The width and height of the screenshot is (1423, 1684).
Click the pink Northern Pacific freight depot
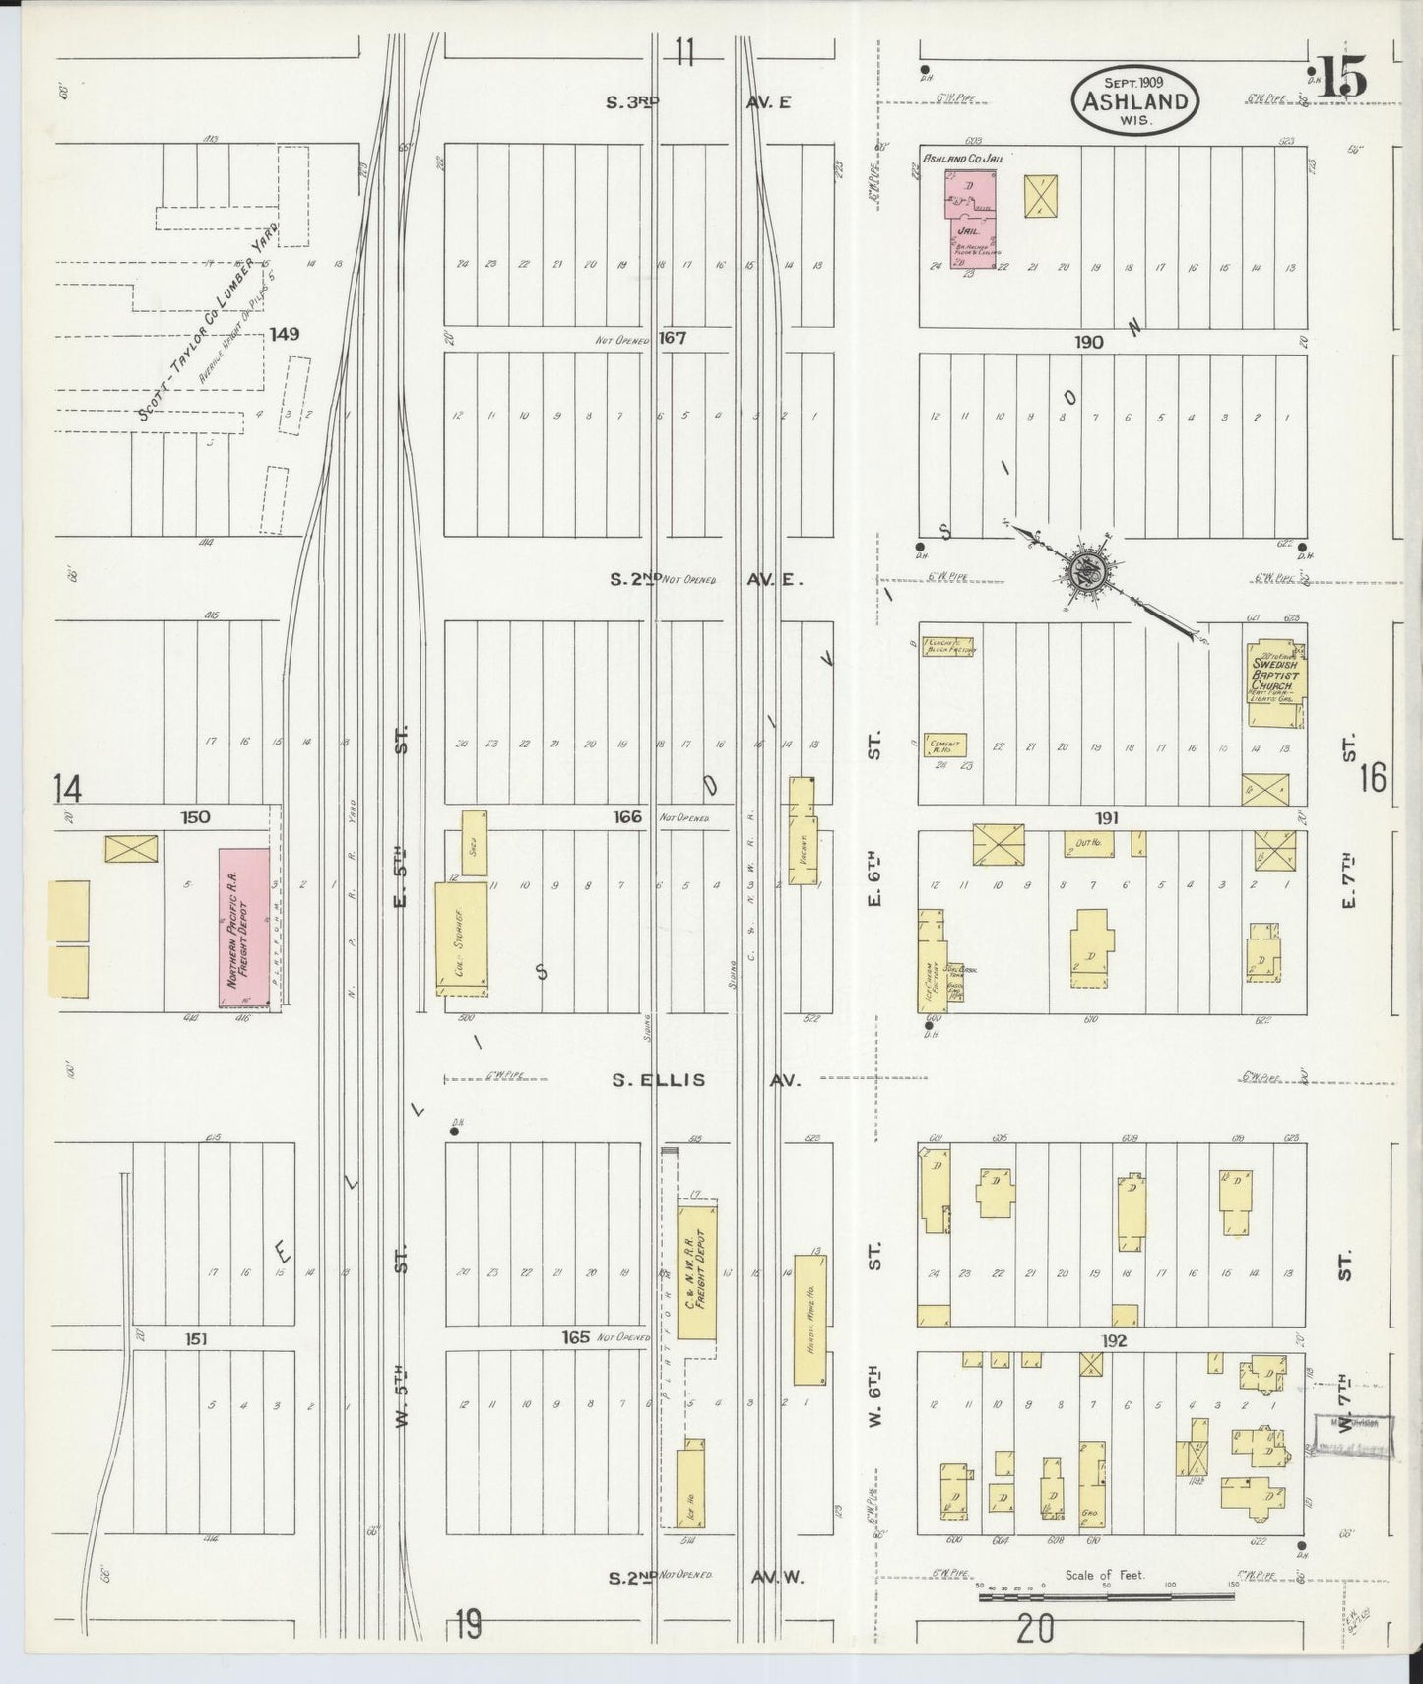tap(243, 928)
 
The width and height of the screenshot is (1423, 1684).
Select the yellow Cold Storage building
tap(461, 938)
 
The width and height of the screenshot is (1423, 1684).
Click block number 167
tap(673, 338)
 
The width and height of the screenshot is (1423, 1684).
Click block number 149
tap(284, 334)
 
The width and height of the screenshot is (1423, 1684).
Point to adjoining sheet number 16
tap(1372, 778)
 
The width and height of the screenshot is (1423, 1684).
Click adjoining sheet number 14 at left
tap(68, 788)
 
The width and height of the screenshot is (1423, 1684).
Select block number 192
tap(1114, 1340)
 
